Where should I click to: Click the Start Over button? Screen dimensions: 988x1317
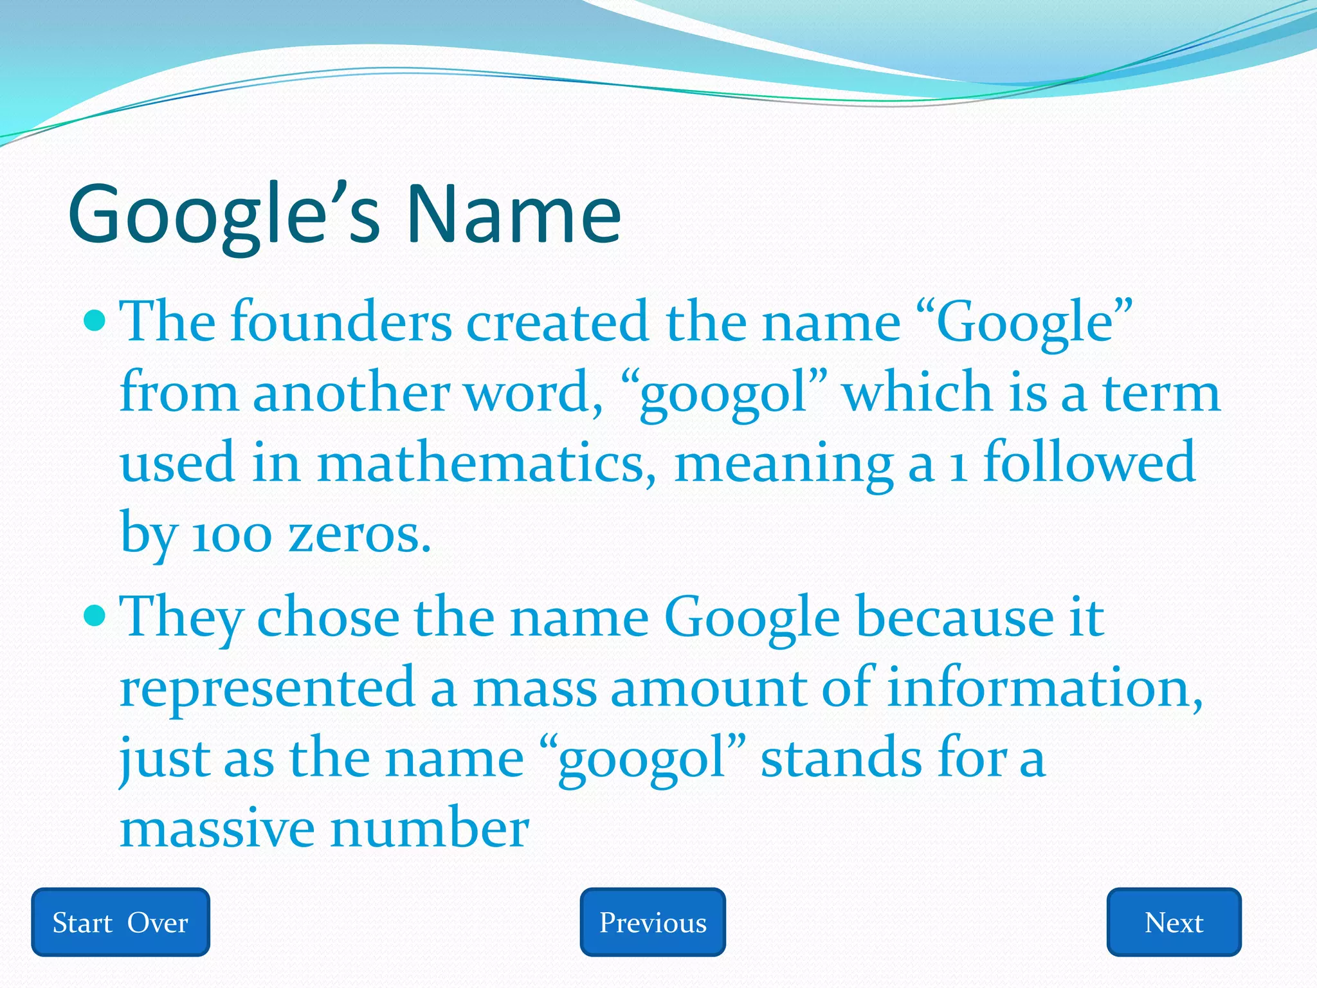(x=120, y=922)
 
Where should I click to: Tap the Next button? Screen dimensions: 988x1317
(x=1174, y=922)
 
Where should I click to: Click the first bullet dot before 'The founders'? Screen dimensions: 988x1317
(x=95, y=320)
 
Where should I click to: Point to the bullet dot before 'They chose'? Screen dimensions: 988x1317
(x=95, y=616)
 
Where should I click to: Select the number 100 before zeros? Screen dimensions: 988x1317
(x=232, y=535)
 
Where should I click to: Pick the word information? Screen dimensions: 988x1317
(x=1044, y=687)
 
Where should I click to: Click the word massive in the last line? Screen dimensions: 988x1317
(x=217, y=828)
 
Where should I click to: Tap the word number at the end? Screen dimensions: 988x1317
(x=430, y=828)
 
